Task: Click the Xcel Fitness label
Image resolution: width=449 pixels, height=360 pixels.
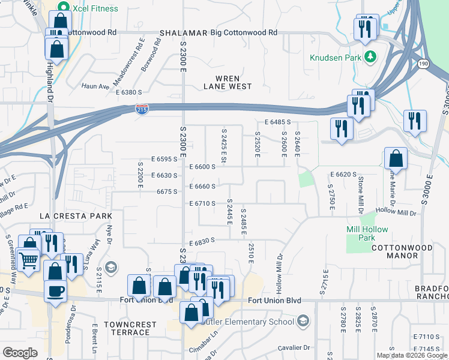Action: pos(94,8)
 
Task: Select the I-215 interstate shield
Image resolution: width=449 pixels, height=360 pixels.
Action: pos(140,109)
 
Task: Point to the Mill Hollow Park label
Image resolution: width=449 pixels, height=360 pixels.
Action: pos(367,233)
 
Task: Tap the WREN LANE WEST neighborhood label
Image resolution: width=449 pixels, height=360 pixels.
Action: pos(228,82)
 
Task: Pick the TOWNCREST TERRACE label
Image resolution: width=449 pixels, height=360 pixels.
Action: pos(130,328)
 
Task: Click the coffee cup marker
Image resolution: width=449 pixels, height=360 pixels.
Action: pos(55,292)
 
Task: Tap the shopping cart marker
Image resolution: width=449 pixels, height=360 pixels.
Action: pos(29,261)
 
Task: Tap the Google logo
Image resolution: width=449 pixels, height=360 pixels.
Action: pos(20,353)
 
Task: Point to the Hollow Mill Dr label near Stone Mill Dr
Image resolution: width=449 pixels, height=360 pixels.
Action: pos(396,212)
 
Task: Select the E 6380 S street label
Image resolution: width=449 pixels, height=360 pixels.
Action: pos(128,92)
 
